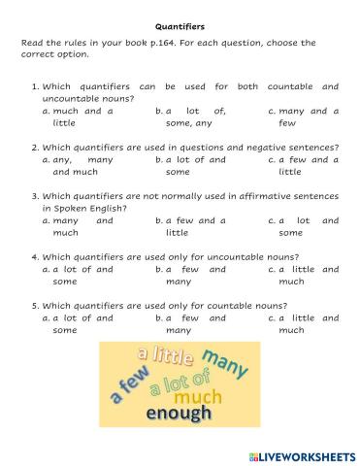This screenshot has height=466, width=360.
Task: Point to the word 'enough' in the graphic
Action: tap(179, 414)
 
